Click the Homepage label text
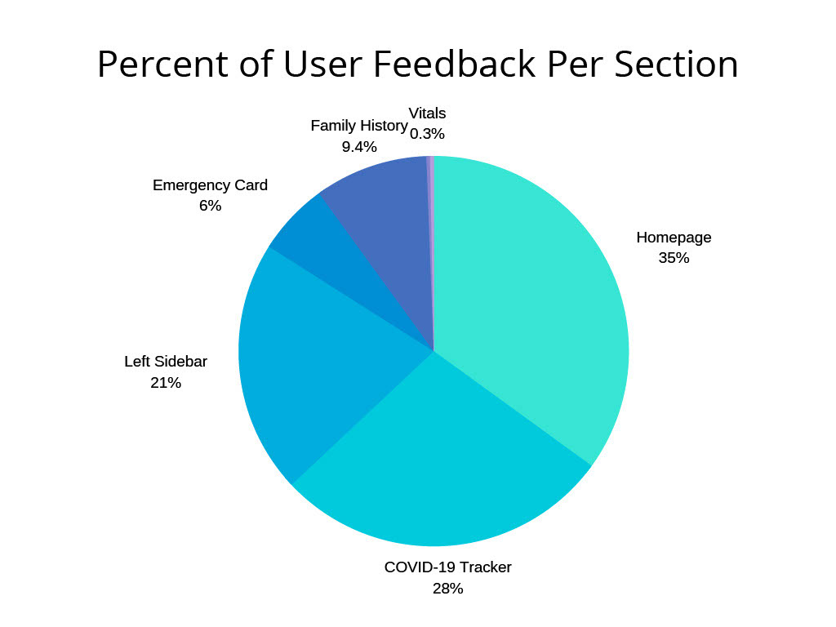pyautogui.click(x=674, y=238)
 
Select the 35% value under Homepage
pyautogui.click(x=674, y=258)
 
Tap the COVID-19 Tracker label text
pyautogui.click(x=447, y=567)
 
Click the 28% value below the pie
pyautogui.click(x=447, y=588)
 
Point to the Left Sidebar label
pyautogui.click(x=166, y=361)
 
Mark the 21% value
pyautogui.click(x=166, y=382)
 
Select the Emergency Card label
pyautogui.click(x=210, y=185)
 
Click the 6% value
pyautogui.click(x=210, y=206)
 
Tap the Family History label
pyautogui.click(x=358, y=126)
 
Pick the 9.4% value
pyautogui.click(x=358, y=147)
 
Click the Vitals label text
pyautogui.click(x=427, y=113)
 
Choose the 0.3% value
pyautogui.click(x=427, y=134)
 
